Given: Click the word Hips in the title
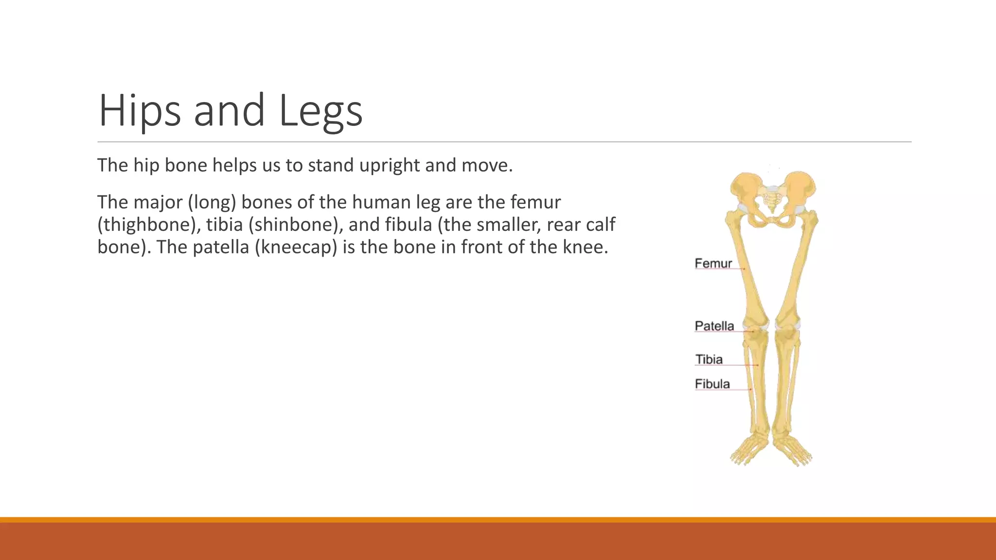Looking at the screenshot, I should pos(139,111).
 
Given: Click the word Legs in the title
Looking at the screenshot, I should pos(320,111).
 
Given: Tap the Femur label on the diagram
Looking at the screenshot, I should pos(713,263).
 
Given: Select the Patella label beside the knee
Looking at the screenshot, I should pos(714,326).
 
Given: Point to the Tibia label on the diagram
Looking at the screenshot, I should pos(709,360).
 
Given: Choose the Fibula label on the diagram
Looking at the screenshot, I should pos(712,384).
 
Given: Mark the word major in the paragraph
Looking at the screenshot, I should pos(158,202).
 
